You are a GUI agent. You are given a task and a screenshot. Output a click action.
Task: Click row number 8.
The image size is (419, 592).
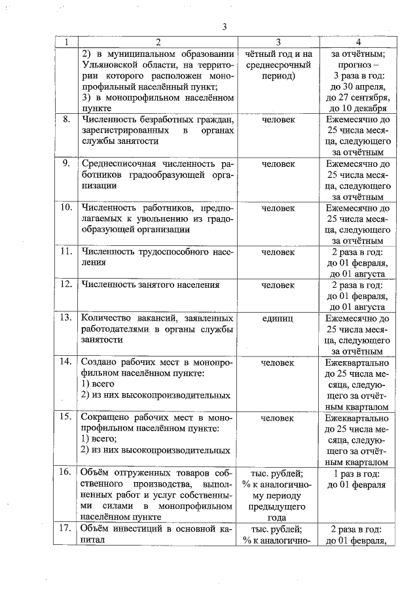point(66,120)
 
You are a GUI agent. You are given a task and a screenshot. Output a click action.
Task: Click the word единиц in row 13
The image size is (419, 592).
point(278,318)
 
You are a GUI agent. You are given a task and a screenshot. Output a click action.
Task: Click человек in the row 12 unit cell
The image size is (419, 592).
point(278,285)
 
